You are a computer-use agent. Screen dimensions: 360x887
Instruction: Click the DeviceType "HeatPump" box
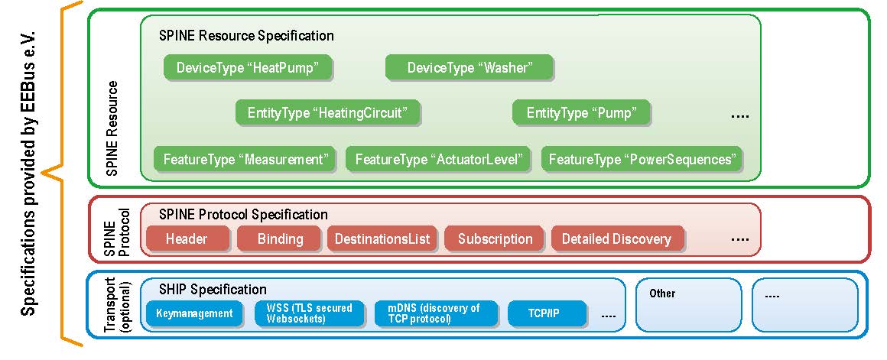(x=249, y=68)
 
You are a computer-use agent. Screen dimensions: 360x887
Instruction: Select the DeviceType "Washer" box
(x=468, y=68)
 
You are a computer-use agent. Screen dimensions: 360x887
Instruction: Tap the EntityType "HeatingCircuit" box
(x=328, y=114)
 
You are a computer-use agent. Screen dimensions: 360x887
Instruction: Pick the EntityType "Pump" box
(x=581, y=114)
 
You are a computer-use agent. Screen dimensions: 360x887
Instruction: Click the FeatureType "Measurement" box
(x=245, y=160)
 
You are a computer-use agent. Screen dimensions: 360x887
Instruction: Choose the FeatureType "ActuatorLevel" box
(x=439, y=160)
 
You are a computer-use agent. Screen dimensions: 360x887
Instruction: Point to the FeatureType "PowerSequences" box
(x=642, y=160)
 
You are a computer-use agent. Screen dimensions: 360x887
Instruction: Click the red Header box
(x=187, y=239)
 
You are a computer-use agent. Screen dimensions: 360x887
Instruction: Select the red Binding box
(x=280, y=239)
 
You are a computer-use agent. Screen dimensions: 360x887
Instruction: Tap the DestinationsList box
(x=382, y=239)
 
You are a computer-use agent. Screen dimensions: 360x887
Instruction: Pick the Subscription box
(x=495, y=239)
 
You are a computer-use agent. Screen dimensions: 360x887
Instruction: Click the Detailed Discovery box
(x=616, y=239)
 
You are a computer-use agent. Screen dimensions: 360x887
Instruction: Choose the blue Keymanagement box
(x=194, y=313)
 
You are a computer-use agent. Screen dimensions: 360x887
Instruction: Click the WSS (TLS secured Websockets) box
(x=309, y=313)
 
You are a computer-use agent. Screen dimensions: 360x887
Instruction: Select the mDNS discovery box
(x=433, y=313)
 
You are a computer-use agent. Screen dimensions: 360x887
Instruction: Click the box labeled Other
(x=688, y=304)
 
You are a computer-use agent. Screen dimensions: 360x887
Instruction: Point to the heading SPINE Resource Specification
(x=246, y=36)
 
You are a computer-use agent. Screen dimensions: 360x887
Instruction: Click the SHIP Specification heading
(x=213, y=290)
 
